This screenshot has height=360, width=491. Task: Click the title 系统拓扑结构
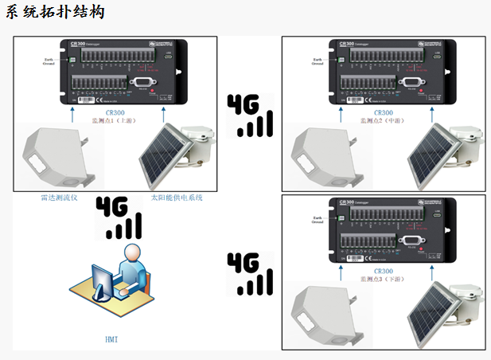(x=54, y=14)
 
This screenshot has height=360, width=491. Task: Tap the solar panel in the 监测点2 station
(x=432, y=155)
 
